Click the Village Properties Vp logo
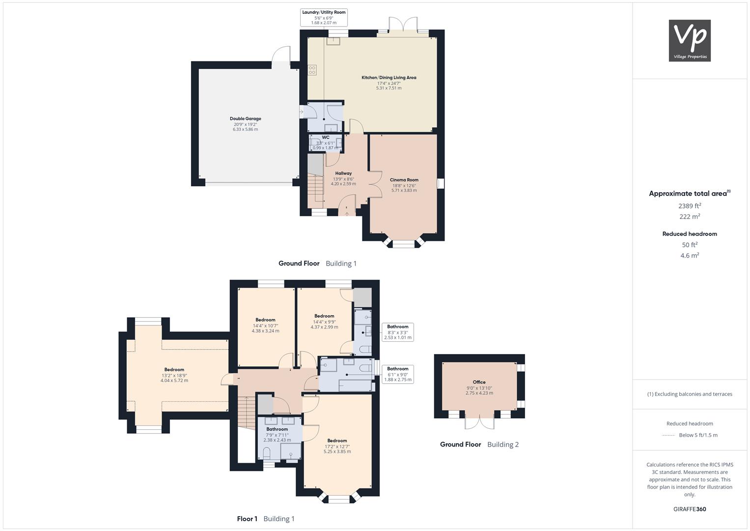pos(690,40)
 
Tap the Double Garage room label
pos(246,124)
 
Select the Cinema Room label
pos(404,185)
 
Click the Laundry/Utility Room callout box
pos(324,17)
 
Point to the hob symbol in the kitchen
pos(312,70)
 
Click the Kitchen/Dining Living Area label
pos(389,83)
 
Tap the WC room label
pos(326,143)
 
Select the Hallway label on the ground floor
pos(343,178)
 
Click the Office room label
pos(479,387)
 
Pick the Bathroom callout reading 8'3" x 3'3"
pos(398,332)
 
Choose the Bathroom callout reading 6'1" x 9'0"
pos(398,374)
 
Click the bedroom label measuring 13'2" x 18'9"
pos(174,375)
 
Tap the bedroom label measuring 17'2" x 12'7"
pos(337,446)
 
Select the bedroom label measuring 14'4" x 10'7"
pos(266,325)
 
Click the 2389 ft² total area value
pos(690,206)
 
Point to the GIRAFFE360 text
pos(690,509)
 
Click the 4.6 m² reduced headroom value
pos(690,256)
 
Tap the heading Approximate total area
pos(690,193)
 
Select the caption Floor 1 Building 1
pos(266,519)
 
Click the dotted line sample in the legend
pos(668,436)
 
